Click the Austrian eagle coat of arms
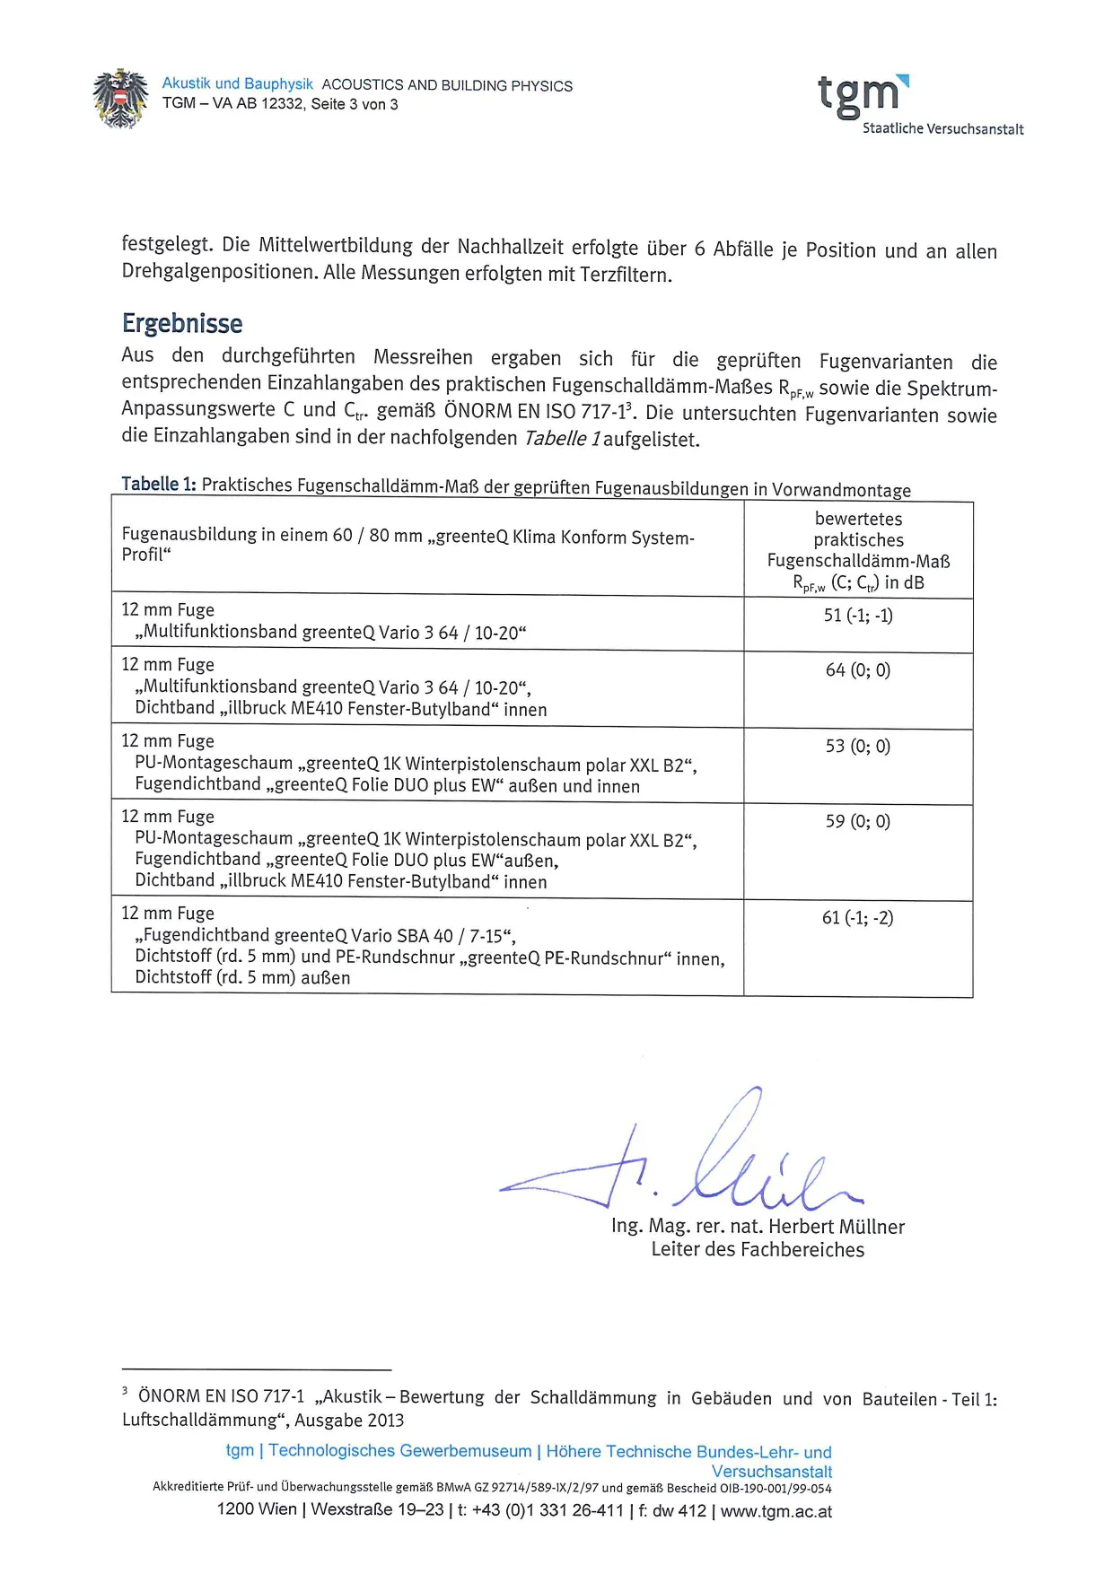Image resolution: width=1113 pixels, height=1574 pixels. [120, 98]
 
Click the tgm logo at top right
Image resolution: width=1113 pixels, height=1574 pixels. [863, 94]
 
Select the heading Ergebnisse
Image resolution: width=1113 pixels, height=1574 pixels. [182, 323]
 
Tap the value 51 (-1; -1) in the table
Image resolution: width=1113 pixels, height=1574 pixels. [858, 616]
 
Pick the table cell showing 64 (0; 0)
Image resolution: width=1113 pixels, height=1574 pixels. [858, 670]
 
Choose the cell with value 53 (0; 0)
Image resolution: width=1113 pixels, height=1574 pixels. [858, 747]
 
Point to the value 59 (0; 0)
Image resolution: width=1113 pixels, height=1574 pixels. [858, 822]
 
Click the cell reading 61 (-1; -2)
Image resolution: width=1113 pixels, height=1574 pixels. [858, 918]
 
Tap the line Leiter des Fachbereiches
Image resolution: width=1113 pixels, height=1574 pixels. [758, 1250]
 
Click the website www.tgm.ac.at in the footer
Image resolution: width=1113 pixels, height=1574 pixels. [776, 1511]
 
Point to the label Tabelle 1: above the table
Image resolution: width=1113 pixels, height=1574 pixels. [159, 485]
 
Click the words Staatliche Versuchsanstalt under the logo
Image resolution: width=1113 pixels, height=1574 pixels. [942, 129]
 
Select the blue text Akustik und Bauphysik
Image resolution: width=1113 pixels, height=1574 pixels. [237, 83]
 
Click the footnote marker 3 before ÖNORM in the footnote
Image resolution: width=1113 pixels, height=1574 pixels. [126, 1392]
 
